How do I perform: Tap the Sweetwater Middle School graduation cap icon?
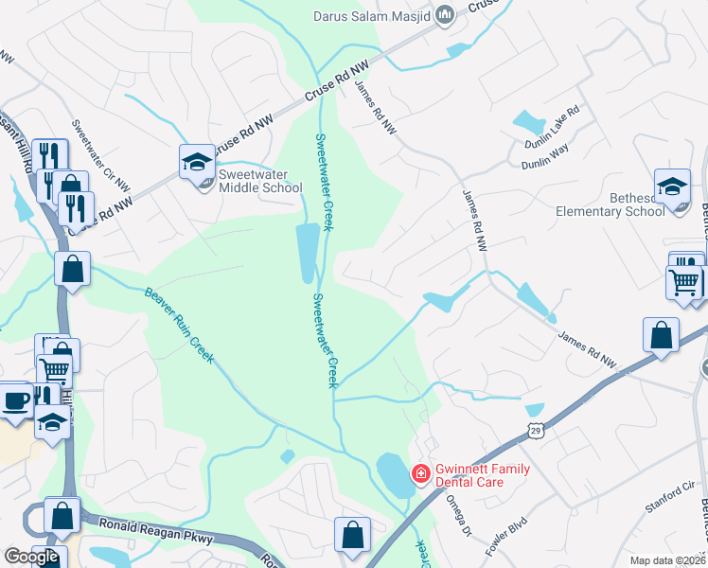click(197, 161)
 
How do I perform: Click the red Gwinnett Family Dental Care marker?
click(417, 471)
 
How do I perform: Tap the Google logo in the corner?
click(31, 557)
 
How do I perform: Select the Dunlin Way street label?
click(546, 162)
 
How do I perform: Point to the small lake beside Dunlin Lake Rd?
click(528, 122)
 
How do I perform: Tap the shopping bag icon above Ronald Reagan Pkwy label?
click(62, 516)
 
